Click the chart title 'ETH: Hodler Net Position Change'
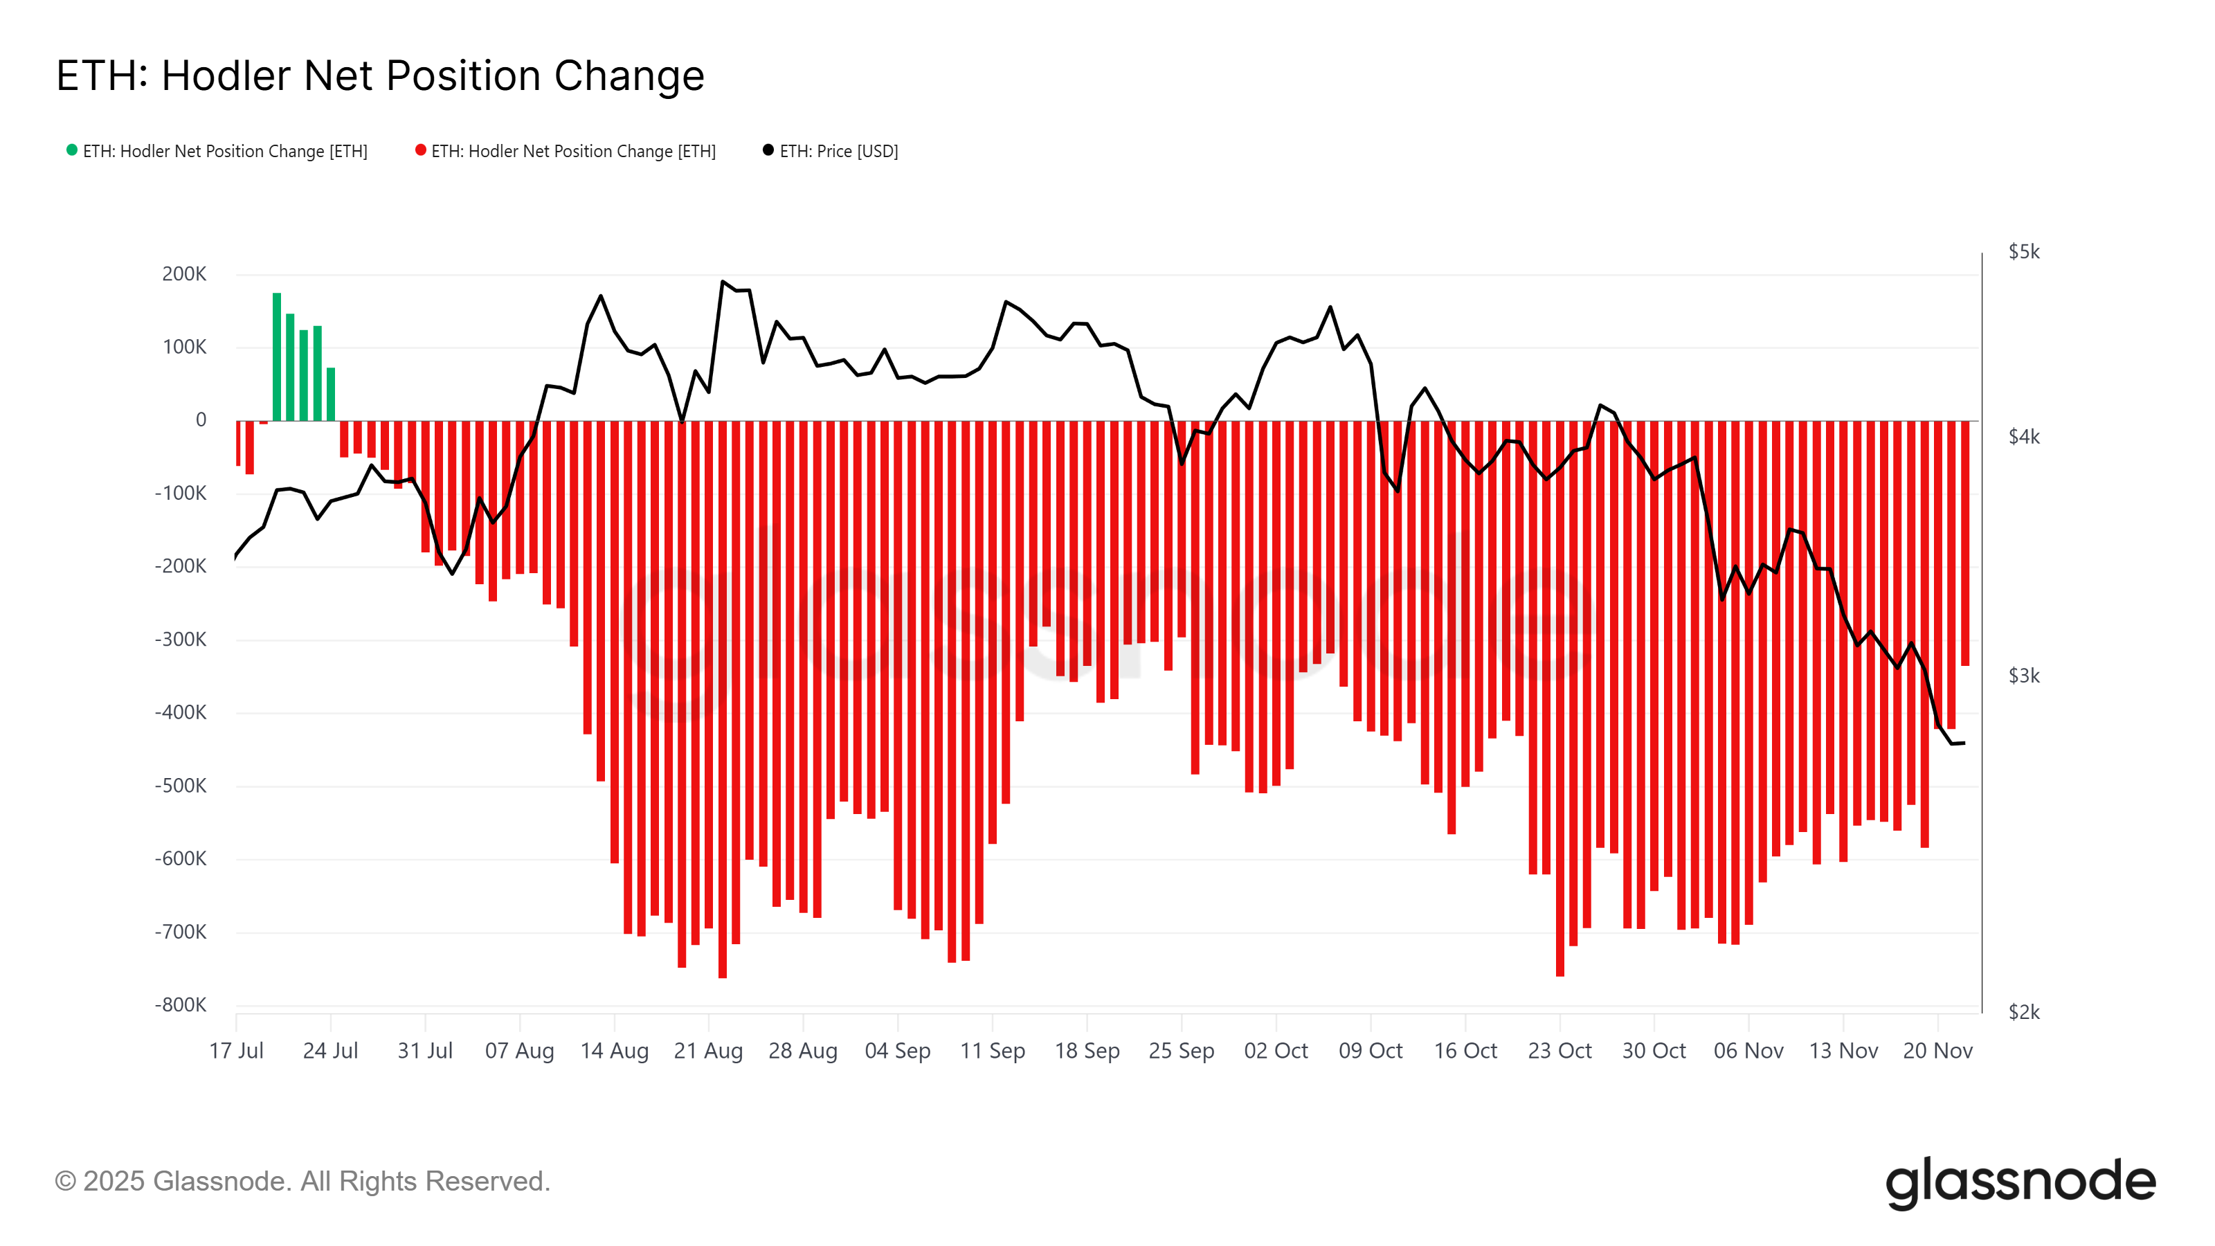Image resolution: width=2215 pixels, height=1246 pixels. point(380,75)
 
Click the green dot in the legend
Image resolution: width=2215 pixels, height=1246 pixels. point(72,150)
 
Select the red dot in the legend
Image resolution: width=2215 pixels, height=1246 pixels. point(420,150)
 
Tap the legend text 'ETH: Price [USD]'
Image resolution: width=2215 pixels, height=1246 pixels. point(838,152)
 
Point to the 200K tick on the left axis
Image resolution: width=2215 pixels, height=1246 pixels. point(184,274)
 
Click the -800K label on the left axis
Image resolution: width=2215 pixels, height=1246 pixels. point(181,1005)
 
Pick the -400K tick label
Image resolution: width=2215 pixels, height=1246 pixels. point(181,713)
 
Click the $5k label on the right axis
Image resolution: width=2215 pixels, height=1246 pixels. point(2023,252)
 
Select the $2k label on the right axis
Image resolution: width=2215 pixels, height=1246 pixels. point(2023,1013)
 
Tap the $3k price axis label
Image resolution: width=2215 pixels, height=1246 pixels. point(2023,676)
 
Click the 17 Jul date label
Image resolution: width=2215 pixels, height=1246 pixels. point(237,1051)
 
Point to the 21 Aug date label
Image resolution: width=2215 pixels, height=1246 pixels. point(709,1051)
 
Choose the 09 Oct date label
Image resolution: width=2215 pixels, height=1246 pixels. point(1371,1051)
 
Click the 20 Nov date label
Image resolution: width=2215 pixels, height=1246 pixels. point(1937,1051)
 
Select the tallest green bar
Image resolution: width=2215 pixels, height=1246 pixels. point(277,357)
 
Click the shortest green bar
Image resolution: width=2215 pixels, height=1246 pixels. point(331,395)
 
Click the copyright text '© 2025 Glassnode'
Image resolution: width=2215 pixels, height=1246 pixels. point(301,1182)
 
